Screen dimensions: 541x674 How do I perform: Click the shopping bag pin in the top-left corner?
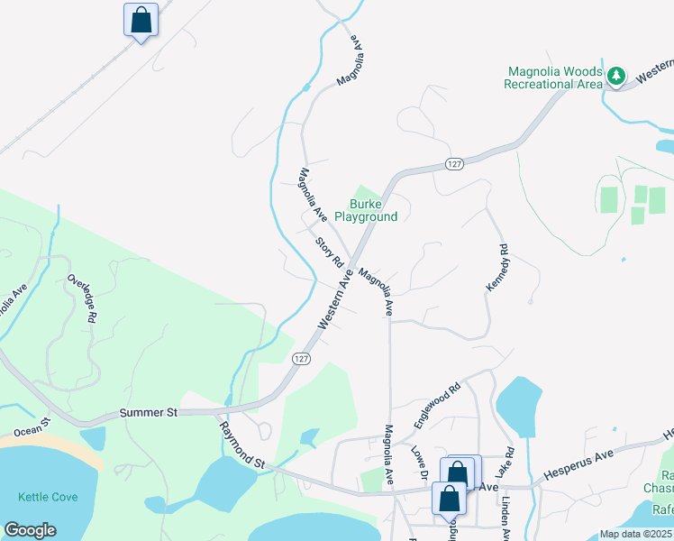point(141,20)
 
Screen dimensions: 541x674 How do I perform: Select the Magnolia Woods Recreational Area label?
point(553,78)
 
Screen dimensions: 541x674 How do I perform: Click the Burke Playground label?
point(366,211)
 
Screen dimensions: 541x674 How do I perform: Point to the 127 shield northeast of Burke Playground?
point(453,163)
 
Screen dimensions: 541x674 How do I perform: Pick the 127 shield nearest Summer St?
point(302,358)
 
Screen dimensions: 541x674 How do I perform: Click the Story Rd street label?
point(331,252)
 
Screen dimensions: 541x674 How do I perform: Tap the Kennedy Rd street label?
point(498,268)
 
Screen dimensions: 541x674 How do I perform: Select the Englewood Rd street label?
point(437,404)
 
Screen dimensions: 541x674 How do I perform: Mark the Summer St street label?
point(149,412)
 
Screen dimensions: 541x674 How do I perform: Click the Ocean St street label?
point(33,424)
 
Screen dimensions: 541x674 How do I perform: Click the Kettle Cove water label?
point(47,497)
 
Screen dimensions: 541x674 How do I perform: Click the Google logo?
point(30,530)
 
